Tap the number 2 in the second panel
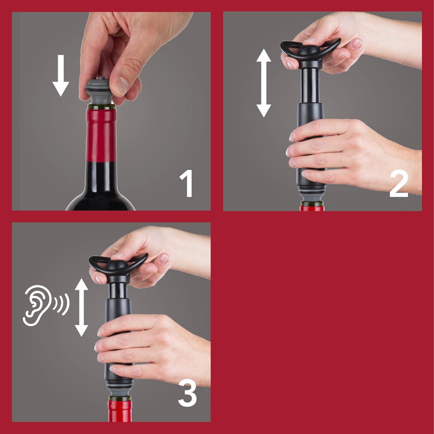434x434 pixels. [398, 184]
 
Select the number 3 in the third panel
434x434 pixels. [187, 394]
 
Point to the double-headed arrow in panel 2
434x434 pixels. [264, 83]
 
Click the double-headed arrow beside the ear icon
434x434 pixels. [81, 307]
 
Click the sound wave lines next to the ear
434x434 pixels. [61, 304]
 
